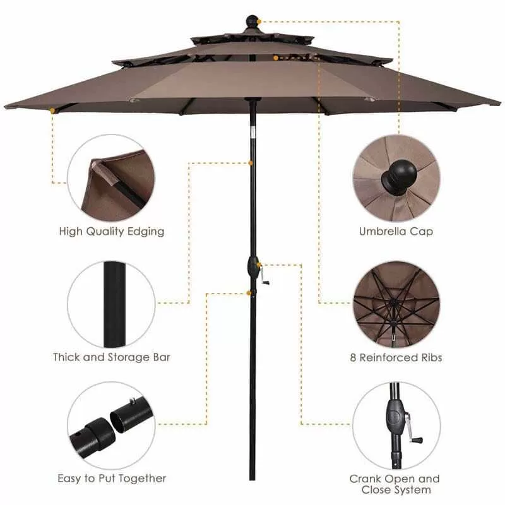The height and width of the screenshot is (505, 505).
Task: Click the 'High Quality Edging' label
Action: pos(112,232)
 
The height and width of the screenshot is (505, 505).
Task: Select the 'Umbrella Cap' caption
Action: pos(396,232)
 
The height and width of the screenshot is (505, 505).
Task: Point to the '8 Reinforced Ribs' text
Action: pos(396,357)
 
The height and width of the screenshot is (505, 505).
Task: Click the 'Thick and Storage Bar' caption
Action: pos(112,357)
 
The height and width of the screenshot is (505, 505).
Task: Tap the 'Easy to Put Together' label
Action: pos(112,478)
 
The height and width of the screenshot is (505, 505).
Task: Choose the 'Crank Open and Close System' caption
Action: pos(395,484)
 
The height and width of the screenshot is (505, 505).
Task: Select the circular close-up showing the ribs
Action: pos(396,304)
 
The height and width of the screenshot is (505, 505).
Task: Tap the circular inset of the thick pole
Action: pos(112,304)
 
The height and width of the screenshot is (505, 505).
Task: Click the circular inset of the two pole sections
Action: pos(112,425)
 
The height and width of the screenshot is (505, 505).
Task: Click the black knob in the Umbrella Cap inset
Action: pos(395,176)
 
